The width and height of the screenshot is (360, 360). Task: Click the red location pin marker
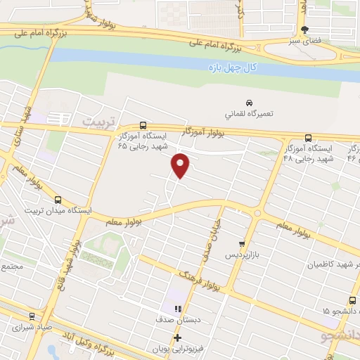pos(181,165)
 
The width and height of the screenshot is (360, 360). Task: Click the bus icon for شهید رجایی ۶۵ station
pos(143,124)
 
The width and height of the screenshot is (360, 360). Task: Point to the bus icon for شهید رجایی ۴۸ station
pos(308,138)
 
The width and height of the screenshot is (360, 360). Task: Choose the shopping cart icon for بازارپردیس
pos(243,243)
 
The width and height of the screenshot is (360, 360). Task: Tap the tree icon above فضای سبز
pos(304,30)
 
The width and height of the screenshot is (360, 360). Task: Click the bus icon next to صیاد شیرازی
pos(31,315)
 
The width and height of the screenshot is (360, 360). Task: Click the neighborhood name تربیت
pos(97,121)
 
